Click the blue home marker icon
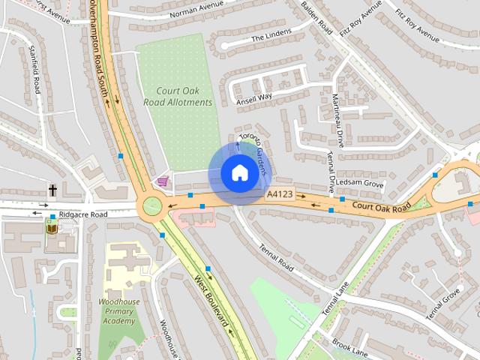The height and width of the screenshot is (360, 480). (238, 172)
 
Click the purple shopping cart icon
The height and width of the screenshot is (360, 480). (163, 181)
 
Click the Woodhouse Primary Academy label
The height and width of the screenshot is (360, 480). (120, 310)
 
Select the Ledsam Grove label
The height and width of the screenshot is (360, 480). (360, 184)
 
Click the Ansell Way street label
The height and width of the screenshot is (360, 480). (253, 98)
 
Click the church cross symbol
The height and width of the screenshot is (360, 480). (53, 190)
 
